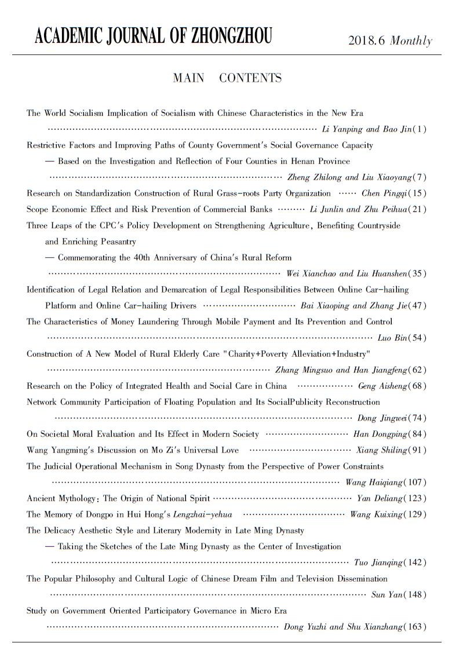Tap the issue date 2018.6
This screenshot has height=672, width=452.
coord(367,41)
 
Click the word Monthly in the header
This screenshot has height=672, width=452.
coord(411,41)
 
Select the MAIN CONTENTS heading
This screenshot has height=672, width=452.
coord(227,78)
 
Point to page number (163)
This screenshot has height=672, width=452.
coord(416,627)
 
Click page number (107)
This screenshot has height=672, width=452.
coord(416,482)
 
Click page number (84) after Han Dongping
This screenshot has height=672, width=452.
coord(418,434)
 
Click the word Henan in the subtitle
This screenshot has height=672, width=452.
coord(288,161)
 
